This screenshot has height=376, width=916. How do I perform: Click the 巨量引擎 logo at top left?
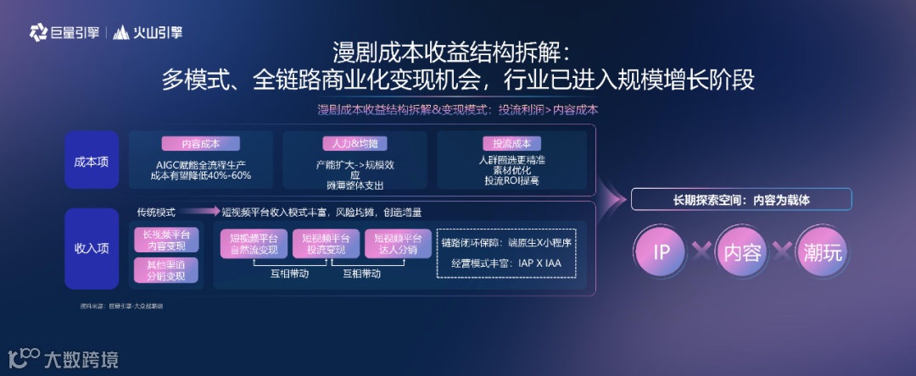point(64,33)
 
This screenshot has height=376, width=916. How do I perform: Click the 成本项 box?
point(92,160)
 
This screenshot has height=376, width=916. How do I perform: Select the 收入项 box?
point(92,248)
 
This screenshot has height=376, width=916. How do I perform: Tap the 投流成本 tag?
point(512,144)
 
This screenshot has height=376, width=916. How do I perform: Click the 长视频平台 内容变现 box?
point(166,240)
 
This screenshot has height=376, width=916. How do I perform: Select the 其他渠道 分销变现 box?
point(166,270)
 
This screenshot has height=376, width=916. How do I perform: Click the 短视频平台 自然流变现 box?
point(254,244)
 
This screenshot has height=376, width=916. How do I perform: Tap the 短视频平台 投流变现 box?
point(327,244)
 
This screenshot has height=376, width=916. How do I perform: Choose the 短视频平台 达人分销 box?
point(399,244)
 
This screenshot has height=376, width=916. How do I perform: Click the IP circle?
point(663,252)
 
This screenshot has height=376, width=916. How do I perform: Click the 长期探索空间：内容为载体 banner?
point(741,200)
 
